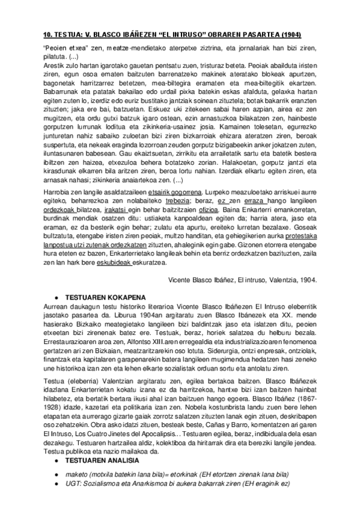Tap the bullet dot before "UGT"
coord(56,484)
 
